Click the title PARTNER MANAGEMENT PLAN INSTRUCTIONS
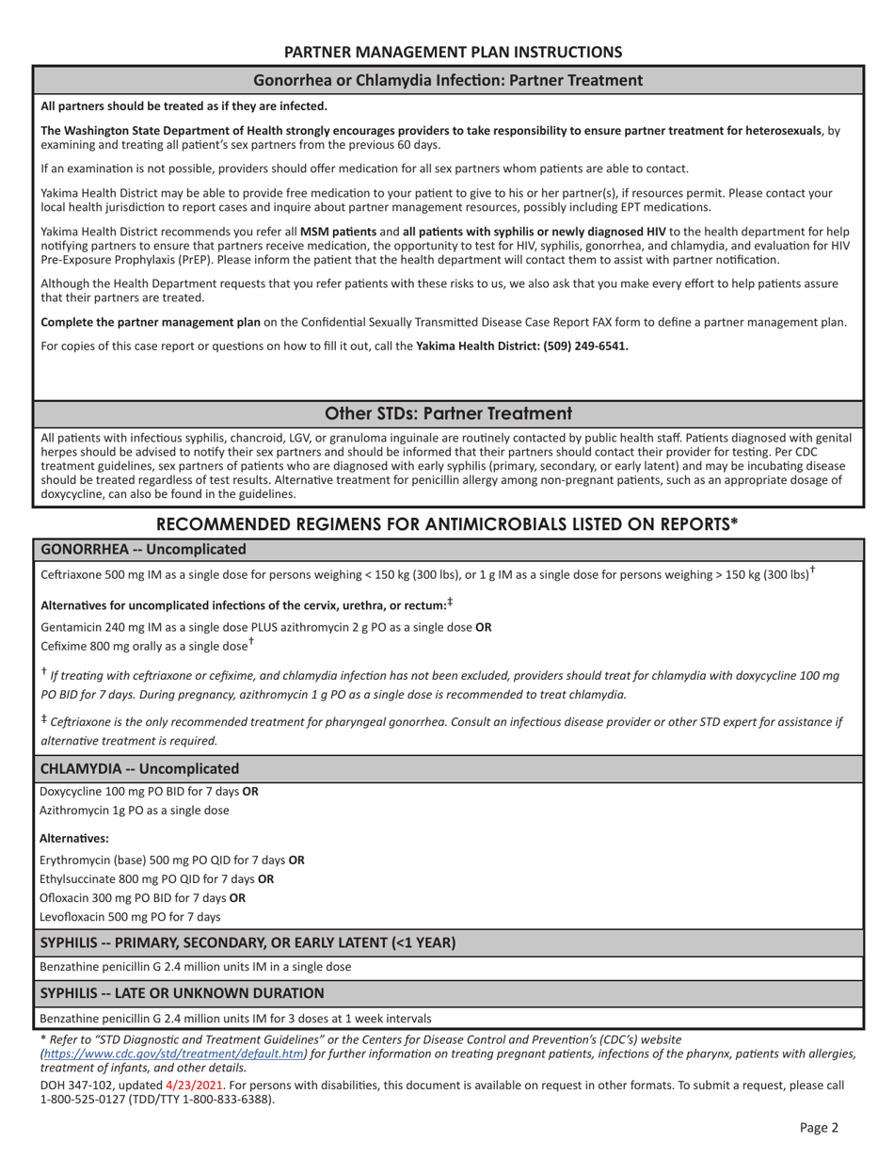(x=453, y=52)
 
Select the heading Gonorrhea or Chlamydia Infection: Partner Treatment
(x=448, y=80)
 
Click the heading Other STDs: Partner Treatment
(x=448, y=413)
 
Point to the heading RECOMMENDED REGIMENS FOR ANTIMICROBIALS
(x=447, y=523)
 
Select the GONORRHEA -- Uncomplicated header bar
(x=143, y=549)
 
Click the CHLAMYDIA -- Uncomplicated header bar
(x=139, y=768)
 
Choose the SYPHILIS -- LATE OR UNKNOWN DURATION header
(x=182, y=992)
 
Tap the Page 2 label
(x=818, y=1126)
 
